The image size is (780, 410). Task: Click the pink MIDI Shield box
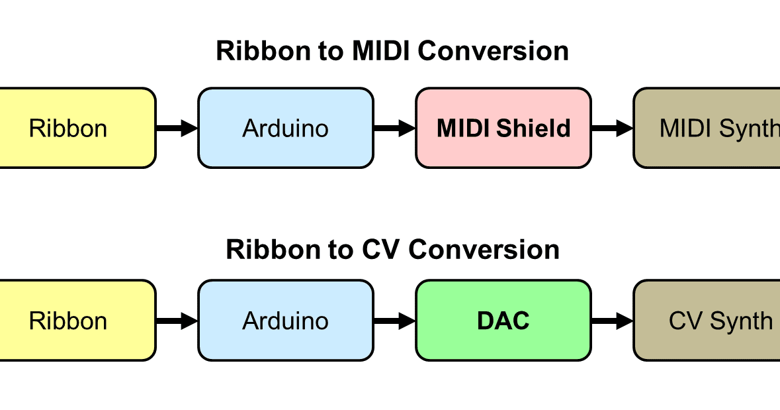pos(503,128)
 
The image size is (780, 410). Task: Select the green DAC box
pos(503,321)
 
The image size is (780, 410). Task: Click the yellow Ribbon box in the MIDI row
pos(73,128)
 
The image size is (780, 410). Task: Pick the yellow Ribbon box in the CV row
pos(73,321)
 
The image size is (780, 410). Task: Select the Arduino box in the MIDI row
pos(285,128)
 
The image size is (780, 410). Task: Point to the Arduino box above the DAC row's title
pos(285,128)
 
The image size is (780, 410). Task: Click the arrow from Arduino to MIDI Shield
pos(394,128)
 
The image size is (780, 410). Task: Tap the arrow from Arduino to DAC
pos(394,321)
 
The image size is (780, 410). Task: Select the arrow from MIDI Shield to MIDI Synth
pos(612,128)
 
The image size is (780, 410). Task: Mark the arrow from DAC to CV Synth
pos(612,321)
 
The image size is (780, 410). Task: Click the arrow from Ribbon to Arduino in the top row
pos(177,128)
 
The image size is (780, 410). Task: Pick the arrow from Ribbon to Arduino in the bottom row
pos(177,321)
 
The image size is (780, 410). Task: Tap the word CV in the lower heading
pos(382,250)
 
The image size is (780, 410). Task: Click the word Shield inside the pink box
pos(535,128)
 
